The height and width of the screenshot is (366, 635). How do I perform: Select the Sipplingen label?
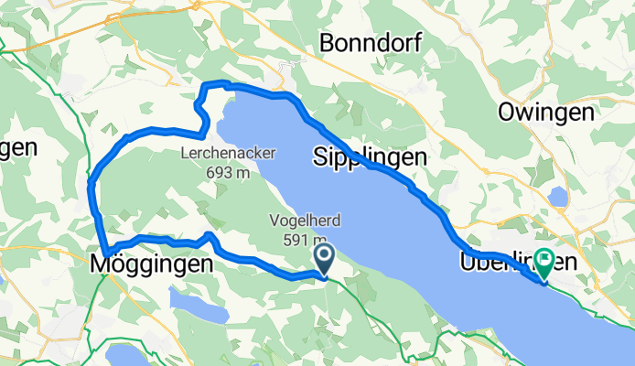370,157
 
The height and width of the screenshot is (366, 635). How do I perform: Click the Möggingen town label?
153,264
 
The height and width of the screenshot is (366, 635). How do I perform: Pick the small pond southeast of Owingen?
556,196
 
